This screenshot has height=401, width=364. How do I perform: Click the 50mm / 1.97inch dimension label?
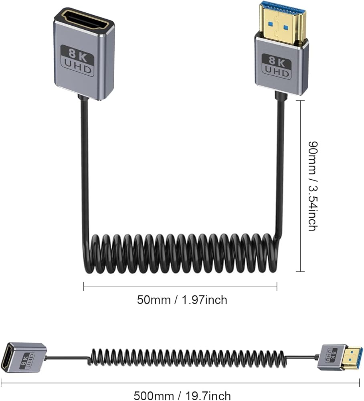pos(182,300)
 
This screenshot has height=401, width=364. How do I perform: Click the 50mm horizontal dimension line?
pos(180,286)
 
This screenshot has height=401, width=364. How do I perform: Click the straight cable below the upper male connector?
pos(280,160)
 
